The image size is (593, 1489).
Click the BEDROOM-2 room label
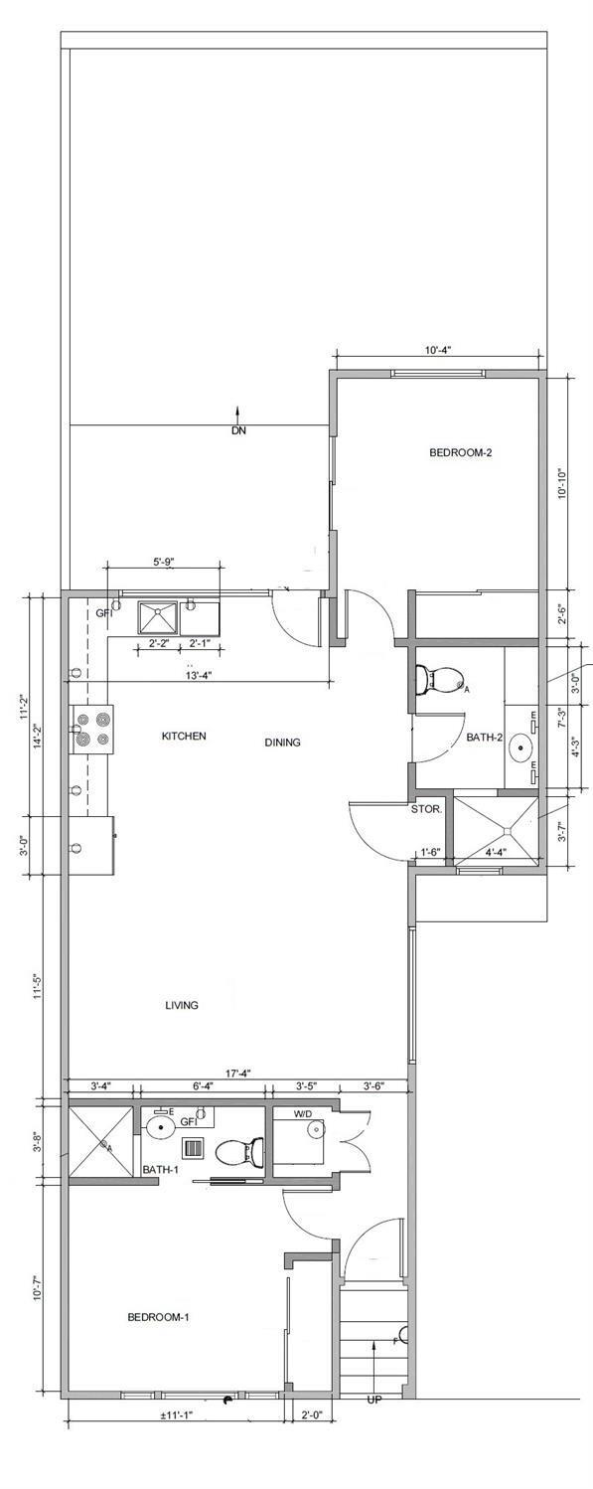pyautogui.click(x=460, y=452)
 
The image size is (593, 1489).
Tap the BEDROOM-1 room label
pyautogui.click(x=158, y=1317)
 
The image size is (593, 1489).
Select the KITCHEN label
pyautogui.click(x=184, y=737)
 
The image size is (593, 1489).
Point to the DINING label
pyautogui.click(x=282, y=743)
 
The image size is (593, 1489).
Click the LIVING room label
pyautogui.click(x=182, y=1005)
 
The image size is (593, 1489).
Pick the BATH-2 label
pyautogui.click(x=484, y=739)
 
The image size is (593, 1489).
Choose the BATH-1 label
pyautogui.click(x=160, y=1169)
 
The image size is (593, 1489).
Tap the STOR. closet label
pyautogui.click(x=426, y=810)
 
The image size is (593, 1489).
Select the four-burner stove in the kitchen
pyautogui.click(x=92, y=729)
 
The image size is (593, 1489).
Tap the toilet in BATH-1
pyautogui.click(x=239, y=1151)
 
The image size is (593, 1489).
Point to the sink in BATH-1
pyautogui.click(x=159, y=1126)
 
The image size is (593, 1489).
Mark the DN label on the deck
pyautogui.click(x=237, y=431)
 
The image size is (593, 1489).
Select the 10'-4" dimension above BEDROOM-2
pyautogui.click(x=439, y=351)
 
